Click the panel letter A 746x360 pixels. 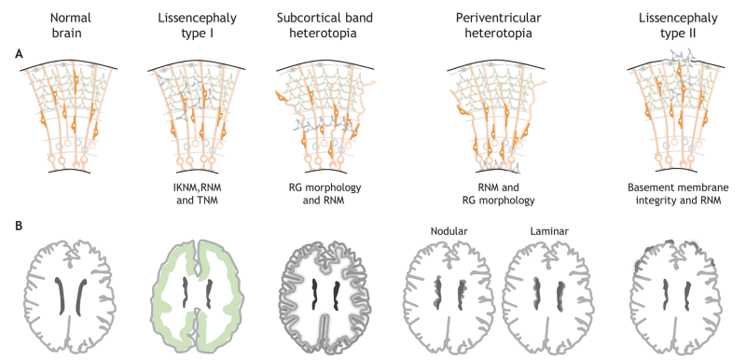click(19, 54)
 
